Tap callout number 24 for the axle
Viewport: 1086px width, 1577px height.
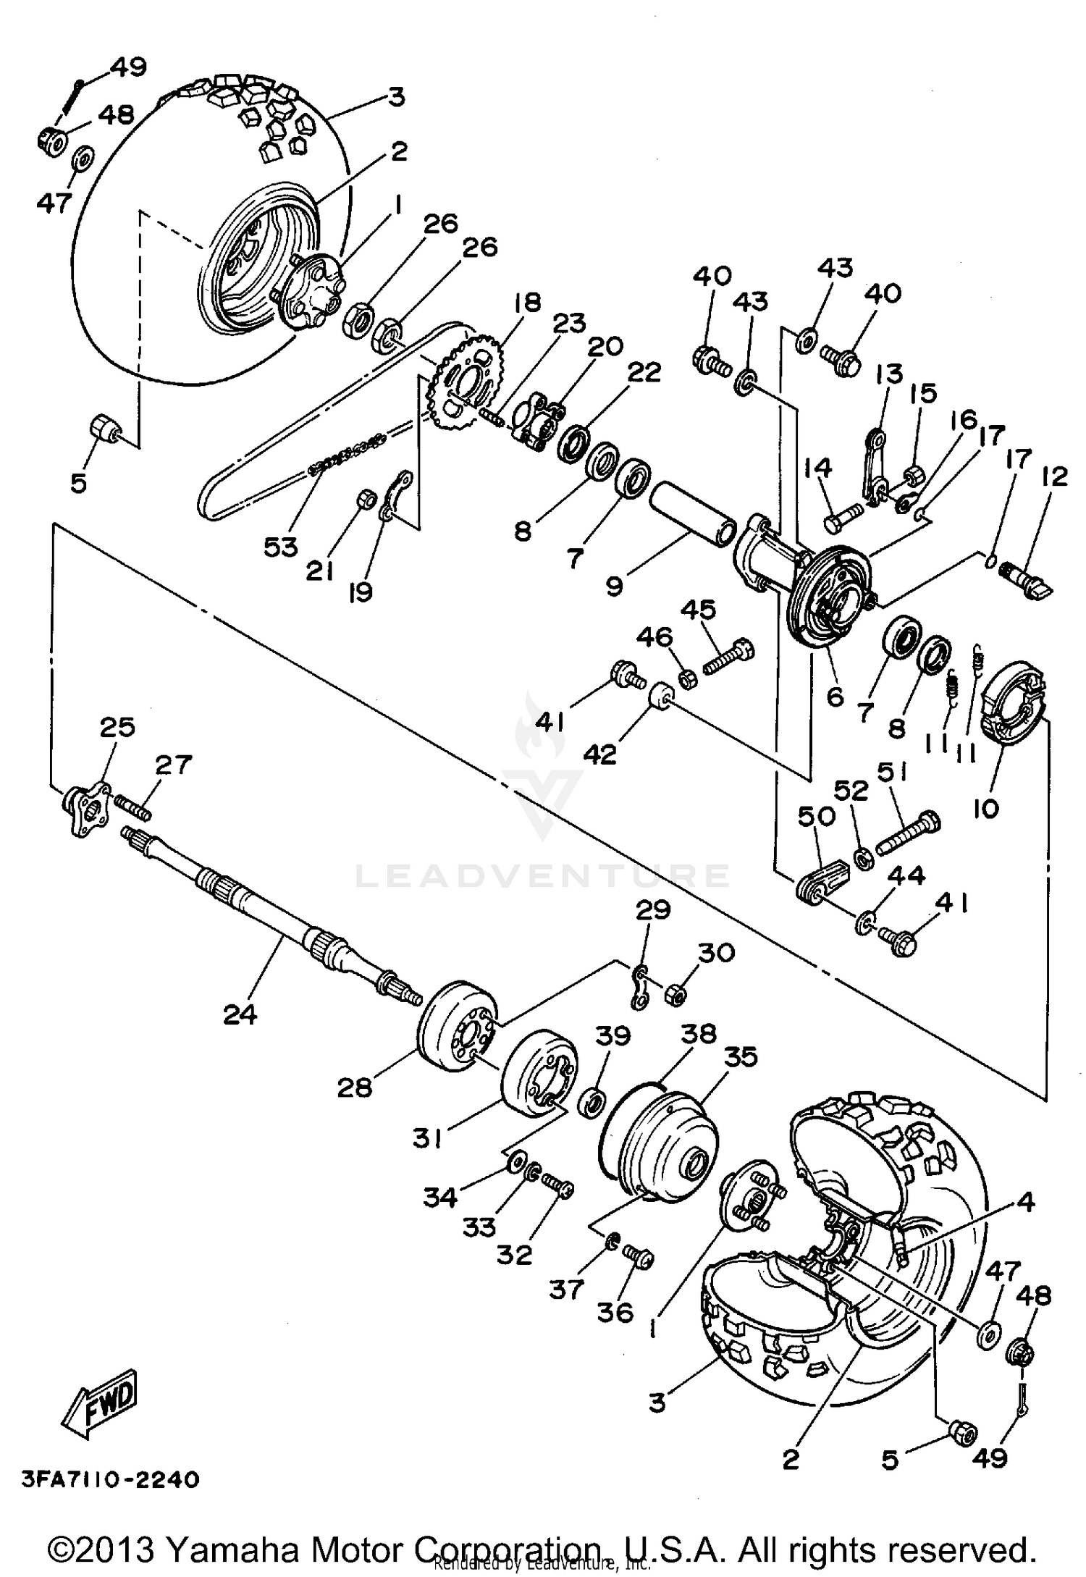(x=240, y=1014)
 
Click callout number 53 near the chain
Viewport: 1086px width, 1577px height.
(x=280, y=547)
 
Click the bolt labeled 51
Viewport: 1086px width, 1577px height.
(x=909, y=833)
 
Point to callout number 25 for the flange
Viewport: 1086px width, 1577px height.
(x=117, y=727)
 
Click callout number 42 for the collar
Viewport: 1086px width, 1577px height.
(x=599, y=754)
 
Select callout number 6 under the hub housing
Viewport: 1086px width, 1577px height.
(x=835, y=697)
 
